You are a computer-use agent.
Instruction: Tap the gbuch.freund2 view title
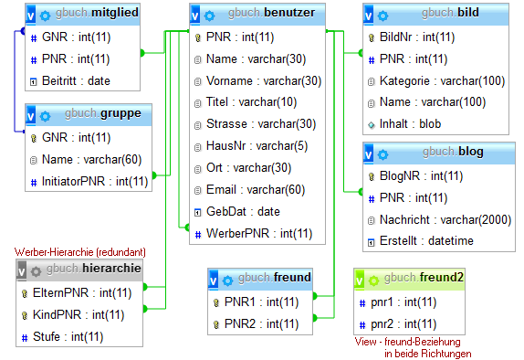pyautogui.click(x=424, y=278)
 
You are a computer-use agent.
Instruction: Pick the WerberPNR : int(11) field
pyautogui.click(x=259, y=233)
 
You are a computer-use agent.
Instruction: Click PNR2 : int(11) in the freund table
pyautogui.click(x=261, y=323)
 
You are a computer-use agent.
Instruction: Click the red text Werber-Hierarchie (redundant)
pyautogui.click(x=80, y=251)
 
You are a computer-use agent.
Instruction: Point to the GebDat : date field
pyautogui.click(x=243, y=211)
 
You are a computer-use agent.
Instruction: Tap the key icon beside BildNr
pyautogui.click(x=372, y=37)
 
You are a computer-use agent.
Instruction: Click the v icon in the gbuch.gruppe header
pyautogui.click(x=31, y=115)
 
